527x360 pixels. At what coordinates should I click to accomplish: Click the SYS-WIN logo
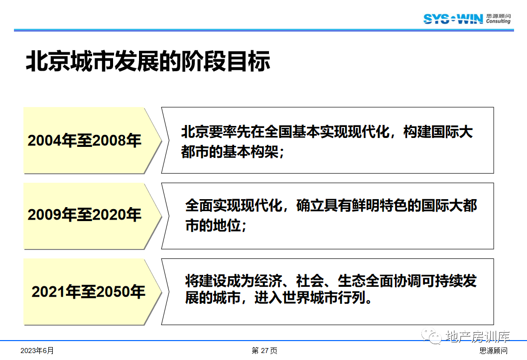coord(453,19)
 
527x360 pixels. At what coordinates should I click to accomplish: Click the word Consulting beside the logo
coord(498,21)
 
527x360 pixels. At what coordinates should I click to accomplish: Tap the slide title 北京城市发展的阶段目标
coord(148,61)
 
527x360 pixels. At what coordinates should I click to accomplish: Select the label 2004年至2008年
coord(84,140)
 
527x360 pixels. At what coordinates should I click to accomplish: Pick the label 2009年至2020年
coord(84,215)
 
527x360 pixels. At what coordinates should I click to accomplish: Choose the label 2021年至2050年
coord(88,291)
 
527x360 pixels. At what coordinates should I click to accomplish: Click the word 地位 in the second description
coord(227,226)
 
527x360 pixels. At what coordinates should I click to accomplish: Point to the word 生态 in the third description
coord(352,281)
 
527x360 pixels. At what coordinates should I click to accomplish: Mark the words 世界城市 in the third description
coord(310,298)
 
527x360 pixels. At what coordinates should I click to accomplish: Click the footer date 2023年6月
coord(37,351)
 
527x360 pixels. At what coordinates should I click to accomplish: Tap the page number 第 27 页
coord(264,351)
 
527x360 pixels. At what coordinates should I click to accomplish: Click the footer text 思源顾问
coord(494,351)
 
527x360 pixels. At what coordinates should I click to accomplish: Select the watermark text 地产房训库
coord(478,336)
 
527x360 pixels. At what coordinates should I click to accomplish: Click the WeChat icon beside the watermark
coord(431,336)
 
